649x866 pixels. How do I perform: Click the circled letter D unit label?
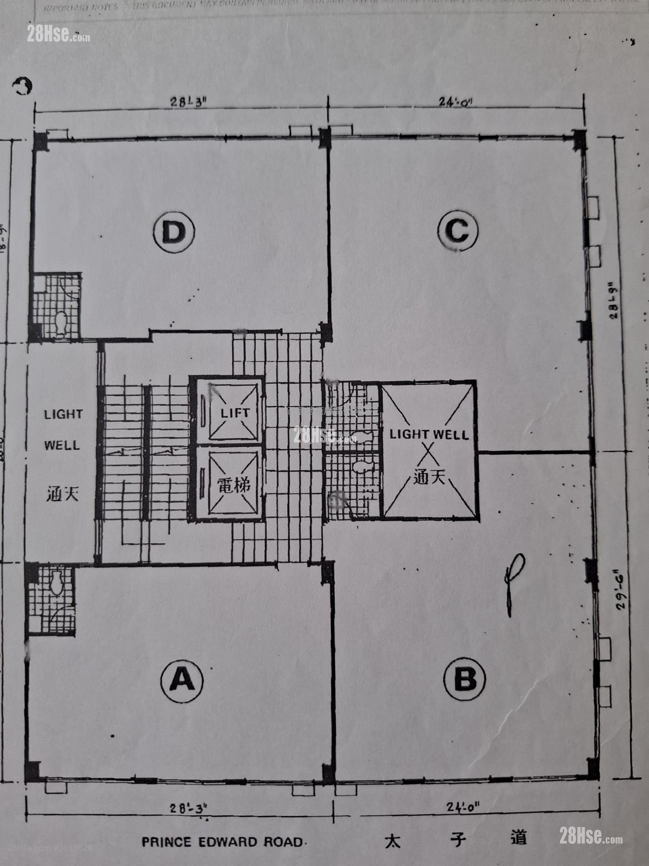[174, 233]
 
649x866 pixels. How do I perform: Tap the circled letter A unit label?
[182, 680]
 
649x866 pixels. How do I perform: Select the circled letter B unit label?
[465, 679]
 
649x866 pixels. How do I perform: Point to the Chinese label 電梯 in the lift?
[234, 485]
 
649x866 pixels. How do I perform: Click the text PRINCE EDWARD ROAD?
[222, 842]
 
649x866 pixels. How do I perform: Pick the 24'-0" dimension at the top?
[455, 102]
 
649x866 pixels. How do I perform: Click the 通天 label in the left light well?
[63, 494]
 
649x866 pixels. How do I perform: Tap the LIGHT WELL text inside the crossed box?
[429, 434]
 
